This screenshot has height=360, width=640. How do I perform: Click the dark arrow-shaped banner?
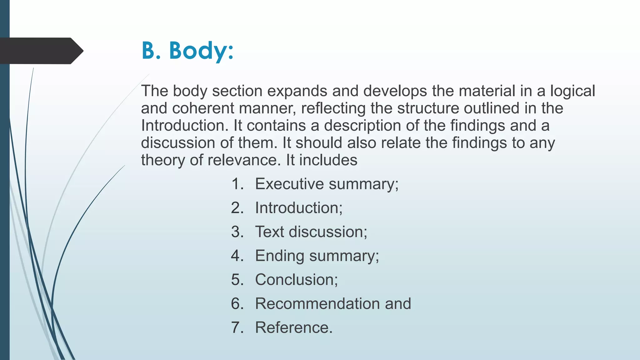[x=41, y=51]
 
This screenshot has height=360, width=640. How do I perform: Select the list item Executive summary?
[x=327, y=184]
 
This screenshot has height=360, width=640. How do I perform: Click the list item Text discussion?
[x=311, y=232]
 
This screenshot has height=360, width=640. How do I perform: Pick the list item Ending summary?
[x=317, y=256]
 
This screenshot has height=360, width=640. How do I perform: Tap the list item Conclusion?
[x=296, y=280]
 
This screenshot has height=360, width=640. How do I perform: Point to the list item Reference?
[x=294, y=327]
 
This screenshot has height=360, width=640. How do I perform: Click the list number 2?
[x=237, y=208]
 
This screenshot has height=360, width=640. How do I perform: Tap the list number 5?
[x=237, y=280]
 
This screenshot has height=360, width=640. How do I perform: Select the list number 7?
[x=237, y=327]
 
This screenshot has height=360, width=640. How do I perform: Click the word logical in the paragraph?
[x=572, y=91]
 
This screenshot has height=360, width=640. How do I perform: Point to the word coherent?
[x=203, y=108]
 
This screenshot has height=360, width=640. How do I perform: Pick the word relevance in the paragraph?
[x=242, y=160]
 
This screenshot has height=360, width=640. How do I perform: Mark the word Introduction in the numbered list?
[x=299, y=208]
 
